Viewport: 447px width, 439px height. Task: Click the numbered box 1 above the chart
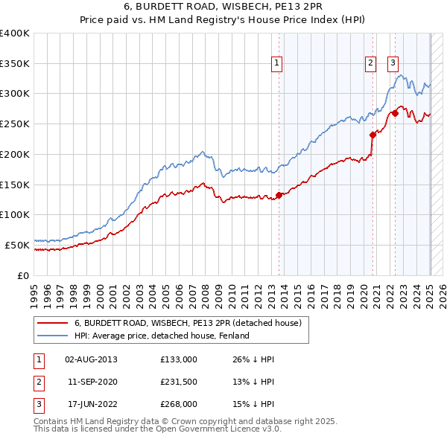pos(276,64)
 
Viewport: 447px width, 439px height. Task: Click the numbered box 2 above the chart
pos(370,64)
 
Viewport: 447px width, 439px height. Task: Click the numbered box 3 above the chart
pos(393,64)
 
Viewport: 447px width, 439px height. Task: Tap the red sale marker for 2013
pos(279,196)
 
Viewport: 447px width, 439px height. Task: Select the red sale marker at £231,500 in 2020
pos(372,135)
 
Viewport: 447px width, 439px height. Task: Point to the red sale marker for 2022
pos(395,113)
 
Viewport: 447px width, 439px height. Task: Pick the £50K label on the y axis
pos(18,245)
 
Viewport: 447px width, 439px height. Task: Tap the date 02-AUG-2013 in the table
pos(91,359)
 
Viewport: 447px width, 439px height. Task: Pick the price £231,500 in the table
pos(178,382)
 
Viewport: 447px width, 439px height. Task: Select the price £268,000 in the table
pos(178,404)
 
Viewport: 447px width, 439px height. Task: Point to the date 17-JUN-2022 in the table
pos(91,404)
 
